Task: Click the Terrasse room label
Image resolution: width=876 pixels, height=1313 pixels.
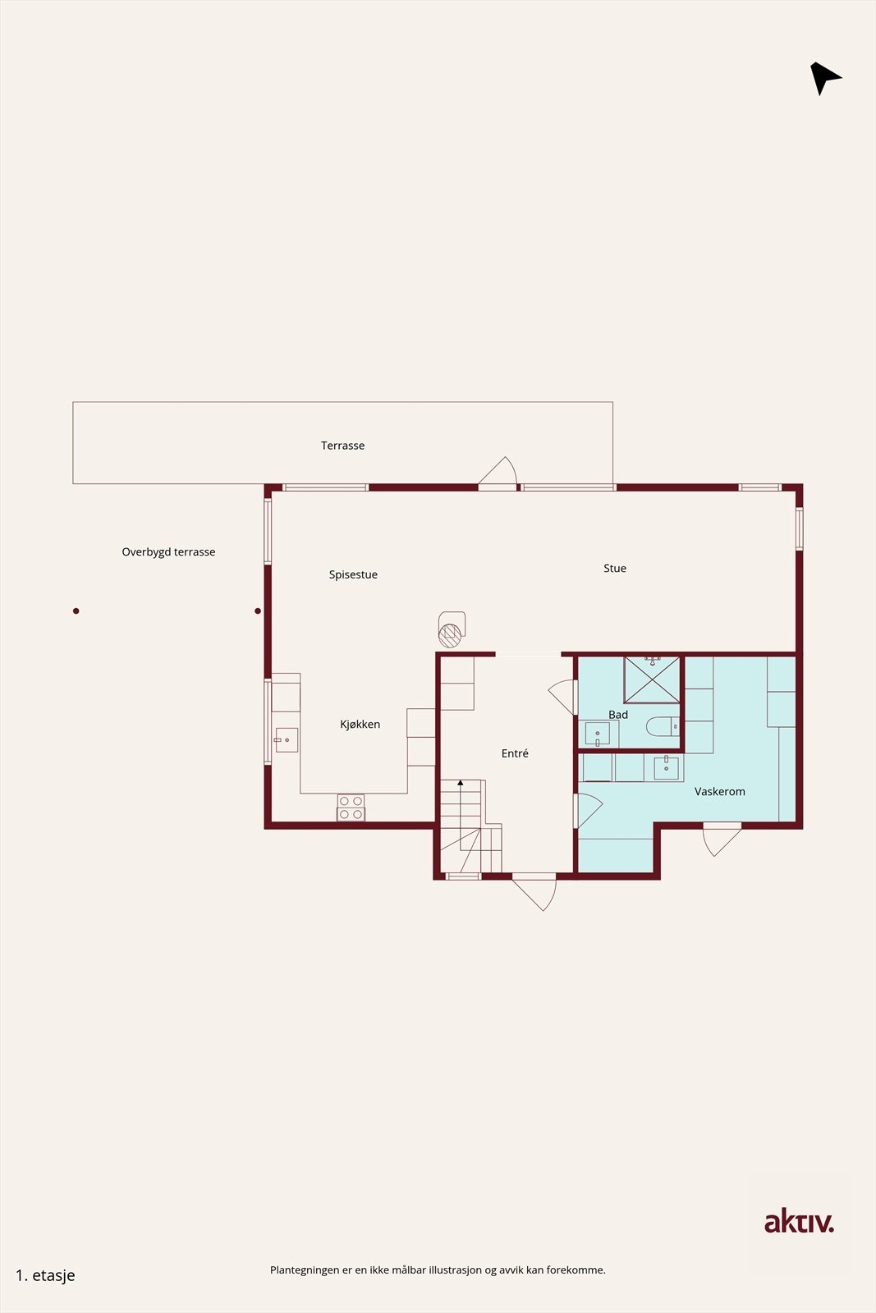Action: pyautogui.click(x=342, y=446)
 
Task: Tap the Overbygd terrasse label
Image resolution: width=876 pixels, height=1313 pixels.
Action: pyautogui.click(x=168, y=552)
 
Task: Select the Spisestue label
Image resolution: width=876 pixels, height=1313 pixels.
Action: pyautogui.click(x=353, y=574)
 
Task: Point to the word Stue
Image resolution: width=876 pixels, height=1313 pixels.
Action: pyautogui.click(x=615, y=568)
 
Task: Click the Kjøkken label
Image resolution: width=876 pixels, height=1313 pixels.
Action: pyautogui.click(x=360, y=724)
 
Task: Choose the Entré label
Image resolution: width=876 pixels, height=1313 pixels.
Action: pyautogui.click(x=515, y=753)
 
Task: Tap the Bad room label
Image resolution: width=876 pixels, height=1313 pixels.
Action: pyautogui.click(x=618, y=715)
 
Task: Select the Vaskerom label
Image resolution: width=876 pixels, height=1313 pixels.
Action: pyautogui.click(x=720, y=791)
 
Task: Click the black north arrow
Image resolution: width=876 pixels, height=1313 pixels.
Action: pyautogui.click(x=823, y=78)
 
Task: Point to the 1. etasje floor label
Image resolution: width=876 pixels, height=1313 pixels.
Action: pyautogui.click(x=45, y=1275)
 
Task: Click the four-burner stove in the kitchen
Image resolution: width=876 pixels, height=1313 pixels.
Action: pyautogui.click(x=351, y=807)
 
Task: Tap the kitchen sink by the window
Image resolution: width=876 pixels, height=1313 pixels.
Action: pyautogui.click(x=286, y=740)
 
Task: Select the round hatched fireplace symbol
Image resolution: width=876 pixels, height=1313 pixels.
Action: pyautogui.click(x=449, y=634)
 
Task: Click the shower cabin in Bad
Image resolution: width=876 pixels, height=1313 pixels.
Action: pyautogui.click(x=652, y=679)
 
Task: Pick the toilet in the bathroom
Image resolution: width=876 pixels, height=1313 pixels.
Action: pyautogui.click(x=661, y=726)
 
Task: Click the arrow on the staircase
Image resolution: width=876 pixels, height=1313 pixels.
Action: pyautogui.click(x=461, y=783)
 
